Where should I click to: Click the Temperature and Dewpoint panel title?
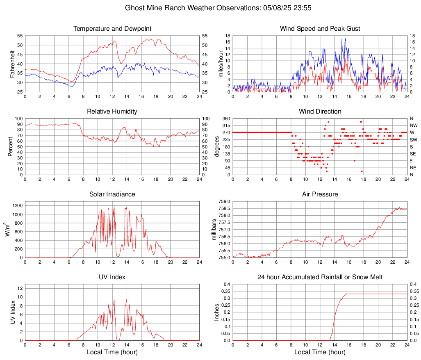(x=112, y=29)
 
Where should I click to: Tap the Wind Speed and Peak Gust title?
(x=320, y=29)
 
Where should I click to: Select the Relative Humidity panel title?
(x=112, y=112)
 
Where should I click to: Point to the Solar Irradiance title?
(x=112, y=194)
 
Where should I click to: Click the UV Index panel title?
(x=112, y=277)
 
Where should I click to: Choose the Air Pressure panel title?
(x=320, y=194)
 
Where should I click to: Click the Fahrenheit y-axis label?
(x=12, y=64)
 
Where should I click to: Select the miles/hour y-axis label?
(x=221, y=64)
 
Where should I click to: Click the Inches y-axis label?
(x=217, y=312)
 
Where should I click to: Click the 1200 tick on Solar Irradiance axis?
(x=17, y=203)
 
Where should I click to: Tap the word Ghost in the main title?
(x=134, y=7)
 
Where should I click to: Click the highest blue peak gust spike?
(x=346, y=39)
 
